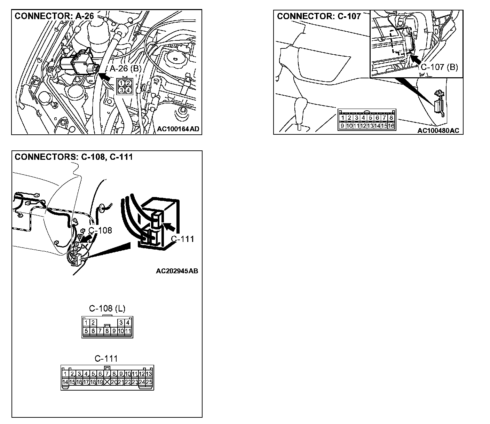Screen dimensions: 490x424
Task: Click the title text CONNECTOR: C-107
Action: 318,16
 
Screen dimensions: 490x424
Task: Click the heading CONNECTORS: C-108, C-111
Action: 74,157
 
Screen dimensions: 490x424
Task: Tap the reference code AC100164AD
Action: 178,129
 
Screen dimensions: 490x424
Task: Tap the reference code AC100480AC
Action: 438,131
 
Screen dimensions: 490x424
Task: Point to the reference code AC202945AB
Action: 177,270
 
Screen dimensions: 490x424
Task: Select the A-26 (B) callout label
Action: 126,69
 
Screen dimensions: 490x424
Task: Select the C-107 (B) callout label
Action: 439,67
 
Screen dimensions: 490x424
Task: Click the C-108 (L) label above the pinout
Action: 107,308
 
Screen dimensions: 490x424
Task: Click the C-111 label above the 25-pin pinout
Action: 106,359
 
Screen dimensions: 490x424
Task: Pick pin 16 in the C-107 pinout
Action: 391,126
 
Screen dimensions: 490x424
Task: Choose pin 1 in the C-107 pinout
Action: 342,118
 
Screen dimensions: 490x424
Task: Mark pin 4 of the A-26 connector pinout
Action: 128,90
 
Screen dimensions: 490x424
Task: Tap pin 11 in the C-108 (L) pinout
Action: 128,331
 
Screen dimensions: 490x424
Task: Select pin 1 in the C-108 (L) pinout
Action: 86,323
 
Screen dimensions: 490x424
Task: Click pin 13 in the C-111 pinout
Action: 149,374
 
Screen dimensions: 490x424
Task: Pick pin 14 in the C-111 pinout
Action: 65,382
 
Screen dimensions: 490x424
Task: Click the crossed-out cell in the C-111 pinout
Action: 107,382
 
